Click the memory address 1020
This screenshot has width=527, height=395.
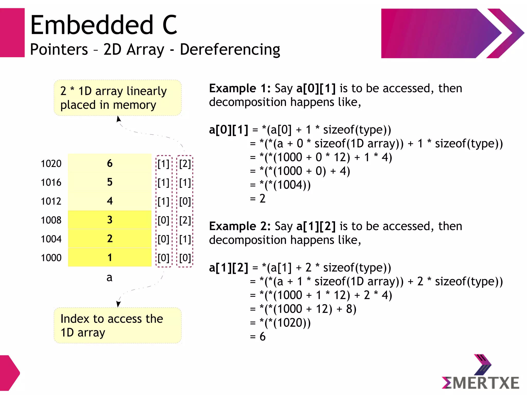point(51,164)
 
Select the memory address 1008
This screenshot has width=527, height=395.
point(51,220)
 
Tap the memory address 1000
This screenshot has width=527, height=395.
point(51,258)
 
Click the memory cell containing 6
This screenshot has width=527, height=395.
point(110,163)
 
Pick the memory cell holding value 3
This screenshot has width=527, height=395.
point(110,220)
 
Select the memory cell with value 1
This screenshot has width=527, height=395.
point(110,258)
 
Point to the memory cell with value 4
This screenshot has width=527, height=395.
point(110,201)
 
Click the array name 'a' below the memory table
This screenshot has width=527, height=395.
point(109,278)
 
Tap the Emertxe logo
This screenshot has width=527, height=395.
point(480,373)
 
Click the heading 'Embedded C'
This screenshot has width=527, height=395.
point(103,25)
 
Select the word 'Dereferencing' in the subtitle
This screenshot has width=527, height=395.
point(230,49)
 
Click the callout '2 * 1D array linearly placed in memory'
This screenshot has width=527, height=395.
point(117,98)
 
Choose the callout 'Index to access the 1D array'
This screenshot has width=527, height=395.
point(117,326)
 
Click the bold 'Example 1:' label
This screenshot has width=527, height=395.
point(240,89)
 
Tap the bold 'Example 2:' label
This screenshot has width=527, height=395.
point(240,226)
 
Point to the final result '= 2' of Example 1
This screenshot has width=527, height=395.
point(258,199)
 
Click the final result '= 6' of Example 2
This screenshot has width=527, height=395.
point(258,337)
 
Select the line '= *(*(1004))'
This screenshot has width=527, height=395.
point(280,185)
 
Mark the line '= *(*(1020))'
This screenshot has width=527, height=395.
point(280,323)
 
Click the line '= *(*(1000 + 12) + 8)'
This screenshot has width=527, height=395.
point(303,309)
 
